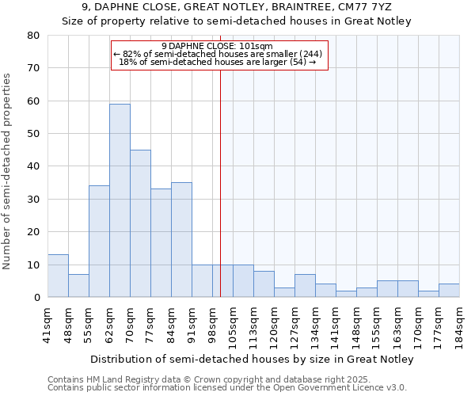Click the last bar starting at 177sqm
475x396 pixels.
point(449,291)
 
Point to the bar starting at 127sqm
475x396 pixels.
point(305,286)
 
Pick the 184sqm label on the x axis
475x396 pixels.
point(459,326)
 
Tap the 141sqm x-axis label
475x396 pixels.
point(336,326)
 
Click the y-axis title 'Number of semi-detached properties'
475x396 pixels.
point(7,171)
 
